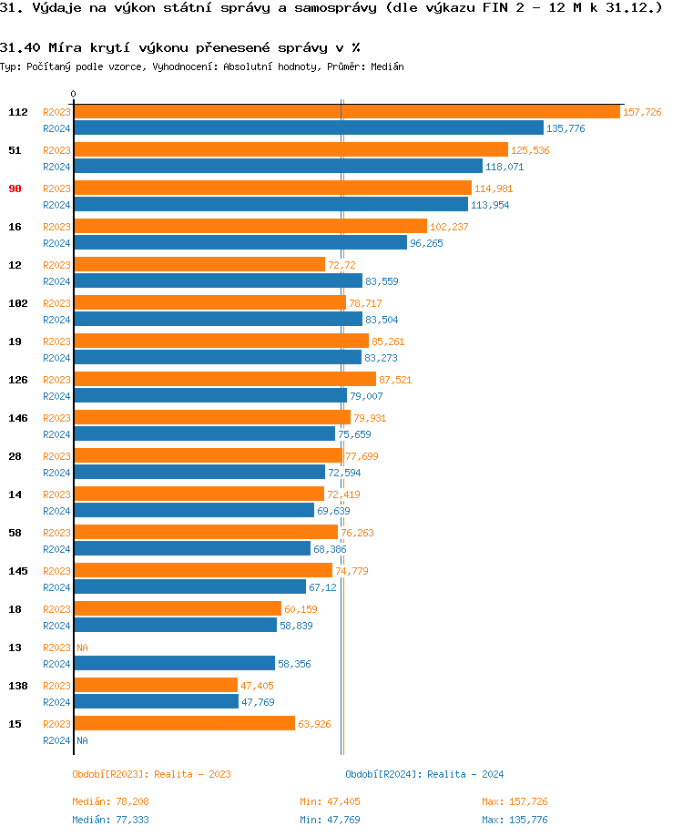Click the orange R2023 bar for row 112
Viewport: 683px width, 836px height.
(x=346, y=112)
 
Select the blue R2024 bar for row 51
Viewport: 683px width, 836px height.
(x=278, y=166)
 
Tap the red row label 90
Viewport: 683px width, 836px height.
(x=15, y=189)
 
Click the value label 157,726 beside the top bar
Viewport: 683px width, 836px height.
(x=642, y=112)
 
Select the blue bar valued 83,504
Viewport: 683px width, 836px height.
(x=218, y=319)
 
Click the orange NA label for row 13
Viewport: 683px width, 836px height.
(x=82, y=647)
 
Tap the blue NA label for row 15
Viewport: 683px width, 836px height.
(x=82, y=740)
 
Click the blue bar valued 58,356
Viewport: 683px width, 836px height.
(x=174, y=663)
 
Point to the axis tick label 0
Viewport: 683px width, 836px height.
(x=74, y=95)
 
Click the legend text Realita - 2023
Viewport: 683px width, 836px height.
(x=192, y=774)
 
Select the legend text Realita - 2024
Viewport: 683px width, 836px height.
(x=465, y=774)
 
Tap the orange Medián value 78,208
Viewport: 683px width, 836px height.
(x=131, y=801)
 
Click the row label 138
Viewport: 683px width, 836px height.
(x=18, y=685)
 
